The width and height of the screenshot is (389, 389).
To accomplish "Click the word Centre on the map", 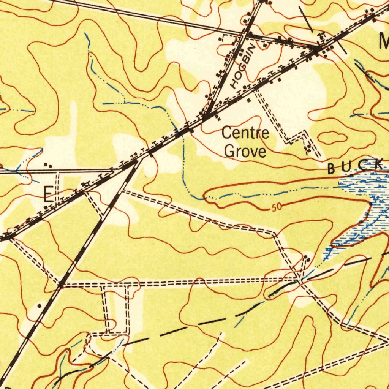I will click(245, 134).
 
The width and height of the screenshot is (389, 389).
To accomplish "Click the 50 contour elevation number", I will click(277, 208).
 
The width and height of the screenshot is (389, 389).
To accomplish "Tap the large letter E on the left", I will click(48, 194).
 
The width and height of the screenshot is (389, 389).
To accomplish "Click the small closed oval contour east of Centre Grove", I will click(332, 137).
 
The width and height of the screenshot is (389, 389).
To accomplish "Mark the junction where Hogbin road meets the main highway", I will click(206, 117).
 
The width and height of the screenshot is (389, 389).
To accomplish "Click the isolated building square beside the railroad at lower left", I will click(40, 305).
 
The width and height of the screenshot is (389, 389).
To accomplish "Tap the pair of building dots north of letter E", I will click(48, 165).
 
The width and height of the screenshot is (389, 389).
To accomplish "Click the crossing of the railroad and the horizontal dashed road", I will click(60, 284).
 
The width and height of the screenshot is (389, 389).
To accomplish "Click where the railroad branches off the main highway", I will click(137, 162).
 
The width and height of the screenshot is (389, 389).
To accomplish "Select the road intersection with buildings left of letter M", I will click(317, 48).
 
